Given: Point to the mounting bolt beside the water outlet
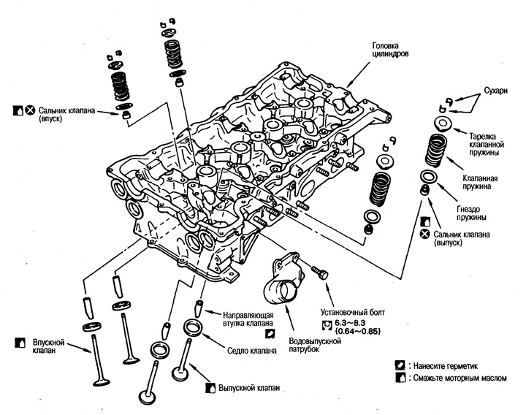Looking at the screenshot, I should (320, 271).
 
